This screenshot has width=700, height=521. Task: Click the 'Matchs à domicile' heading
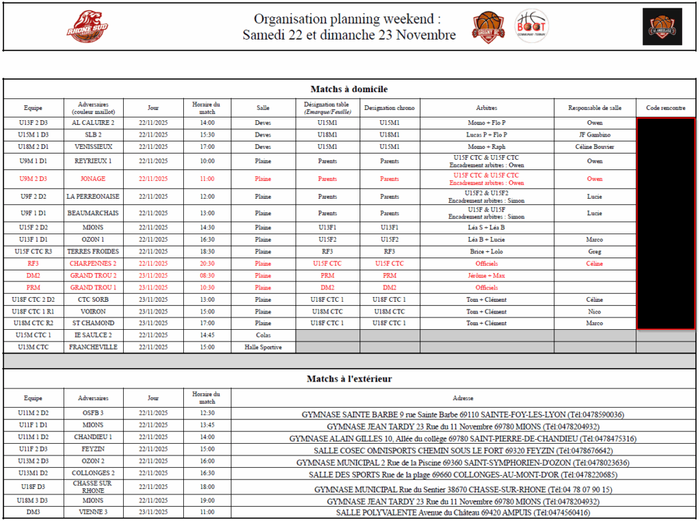pos(349,89)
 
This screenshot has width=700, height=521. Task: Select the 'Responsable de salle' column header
pos(595,108)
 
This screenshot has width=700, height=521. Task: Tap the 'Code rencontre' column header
pos(665,108)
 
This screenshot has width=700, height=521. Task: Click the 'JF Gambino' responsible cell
pos(595,135)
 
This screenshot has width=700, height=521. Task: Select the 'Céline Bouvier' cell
pos(595,147)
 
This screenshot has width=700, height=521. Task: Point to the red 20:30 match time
pos(207,263)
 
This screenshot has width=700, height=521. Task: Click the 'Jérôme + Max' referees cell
pos(487,275)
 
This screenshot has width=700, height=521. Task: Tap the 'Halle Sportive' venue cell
pos(263,347)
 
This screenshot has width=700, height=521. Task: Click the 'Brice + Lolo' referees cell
pos(487,251)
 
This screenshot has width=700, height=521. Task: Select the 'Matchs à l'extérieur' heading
pos(349,378)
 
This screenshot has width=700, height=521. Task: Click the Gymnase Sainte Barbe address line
pos(463,414)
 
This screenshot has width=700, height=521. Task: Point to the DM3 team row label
pos(33,512)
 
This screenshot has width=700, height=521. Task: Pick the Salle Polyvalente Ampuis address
pos(463,512)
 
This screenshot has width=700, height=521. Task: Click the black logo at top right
pos(662,27)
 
